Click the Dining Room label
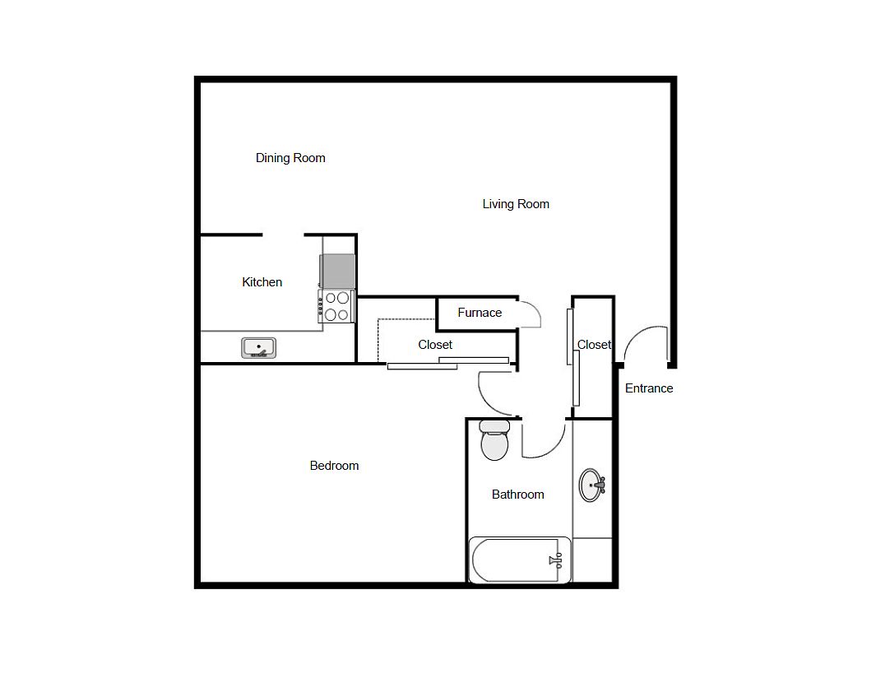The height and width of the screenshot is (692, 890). (x=290, y=158)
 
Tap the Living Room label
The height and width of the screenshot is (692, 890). (x=516, y=204)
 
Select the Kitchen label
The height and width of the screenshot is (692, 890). (x=262, y=282)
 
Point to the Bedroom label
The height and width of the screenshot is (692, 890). (x=334, y=466)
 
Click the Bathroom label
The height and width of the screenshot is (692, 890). (x=517, y=495)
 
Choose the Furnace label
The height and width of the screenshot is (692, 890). (x=480, y=313)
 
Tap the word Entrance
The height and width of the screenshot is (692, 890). (x=649, y=388)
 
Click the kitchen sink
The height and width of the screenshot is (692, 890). (x=259, y=347)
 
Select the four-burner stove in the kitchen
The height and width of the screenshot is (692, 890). (x=336, y=306)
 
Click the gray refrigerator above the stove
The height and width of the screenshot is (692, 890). (x=338, y=272)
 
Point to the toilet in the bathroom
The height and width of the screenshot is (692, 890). (x=494, y=440)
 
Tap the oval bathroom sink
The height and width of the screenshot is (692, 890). (x=592, y=485)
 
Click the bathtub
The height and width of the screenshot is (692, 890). (x=519, y=560)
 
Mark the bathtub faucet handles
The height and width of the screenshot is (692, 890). (x=556, y=560)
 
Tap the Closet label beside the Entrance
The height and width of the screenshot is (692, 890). (x=594, y=345)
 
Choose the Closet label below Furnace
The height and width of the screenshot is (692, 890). (x=435, y=345)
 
